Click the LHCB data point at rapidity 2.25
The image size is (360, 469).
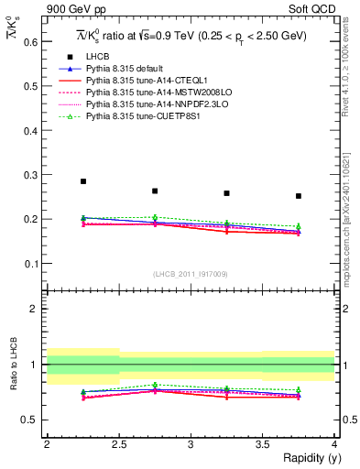pyautogui.click(x=83, y=181)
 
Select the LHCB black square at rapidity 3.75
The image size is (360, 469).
pyautogui.click(x=299, y=196)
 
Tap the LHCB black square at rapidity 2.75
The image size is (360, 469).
pyautogui.click(x=155, y=191)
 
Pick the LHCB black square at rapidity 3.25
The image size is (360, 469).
pyautogui.click(x=226, y=193)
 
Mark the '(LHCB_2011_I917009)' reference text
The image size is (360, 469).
pyautogui.click(x=191, y=273)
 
